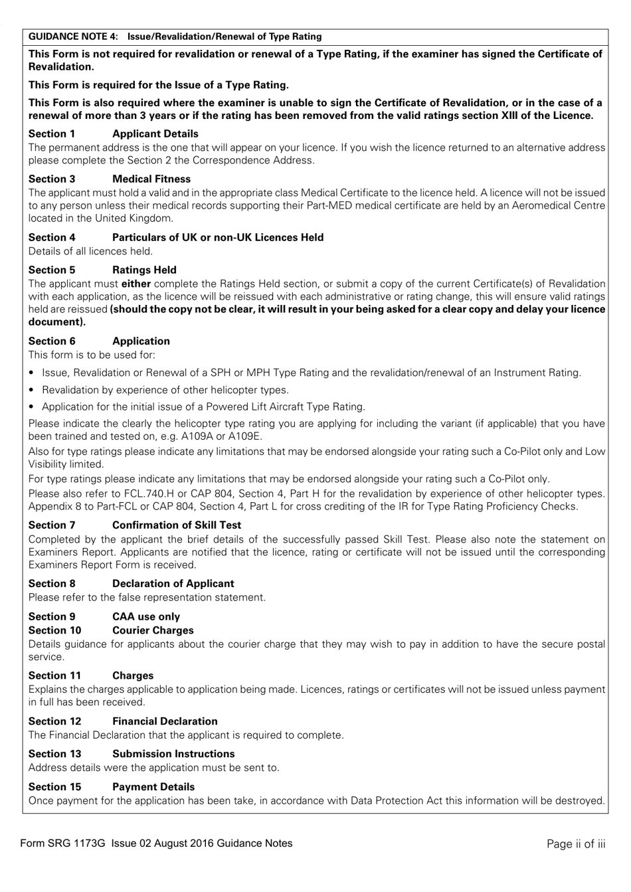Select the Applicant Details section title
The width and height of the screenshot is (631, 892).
tap(155, 134)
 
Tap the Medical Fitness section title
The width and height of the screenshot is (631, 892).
tap(151, 179)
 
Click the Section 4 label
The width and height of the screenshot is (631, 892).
tap(52, 237)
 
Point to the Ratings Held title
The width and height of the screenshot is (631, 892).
tap(144, 270)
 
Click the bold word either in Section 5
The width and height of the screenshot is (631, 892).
tap(135, 284)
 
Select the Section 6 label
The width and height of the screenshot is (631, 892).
tap(52, 341)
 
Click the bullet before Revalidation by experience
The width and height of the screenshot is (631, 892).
tap(32, 391)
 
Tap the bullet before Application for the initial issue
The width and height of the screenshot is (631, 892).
tap(32, 407)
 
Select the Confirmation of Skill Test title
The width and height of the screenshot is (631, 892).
tap(176, 525)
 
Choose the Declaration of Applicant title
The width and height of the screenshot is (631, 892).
tap(173, 583)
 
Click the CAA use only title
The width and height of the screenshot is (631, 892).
tap(145, 616)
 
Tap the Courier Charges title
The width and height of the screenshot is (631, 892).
tap(153, 630)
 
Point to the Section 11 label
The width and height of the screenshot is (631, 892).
tap(54, 675)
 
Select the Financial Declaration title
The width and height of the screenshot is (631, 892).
tap(165, 721)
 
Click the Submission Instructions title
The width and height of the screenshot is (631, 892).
tap(173, 754)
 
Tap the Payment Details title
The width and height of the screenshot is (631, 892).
tap(153, 786)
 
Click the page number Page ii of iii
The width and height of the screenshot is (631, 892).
tap(576, 844)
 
